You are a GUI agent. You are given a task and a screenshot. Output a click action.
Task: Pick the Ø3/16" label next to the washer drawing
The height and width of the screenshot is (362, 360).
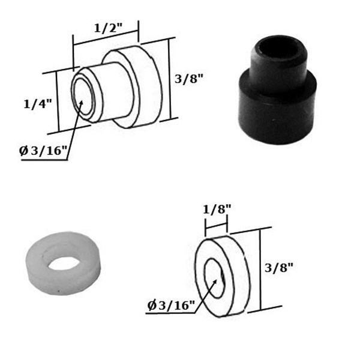pos(171,306)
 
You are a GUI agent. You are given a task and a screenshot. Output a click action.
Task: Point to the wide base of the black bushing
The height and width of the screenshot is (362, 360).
pos(276,114)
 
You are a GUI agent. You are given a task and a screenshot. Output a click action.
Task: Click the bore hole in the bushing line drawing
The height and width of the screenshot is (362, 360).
pos(83,97)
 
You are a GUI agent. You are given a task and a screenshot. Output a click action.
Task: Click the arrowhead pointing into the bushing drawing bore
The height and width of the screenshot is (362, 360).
pos(82,103)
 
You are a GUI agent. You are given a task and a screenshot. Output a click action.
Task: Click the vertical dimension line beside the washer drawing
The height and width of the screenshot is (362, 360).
pos(259,270)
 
